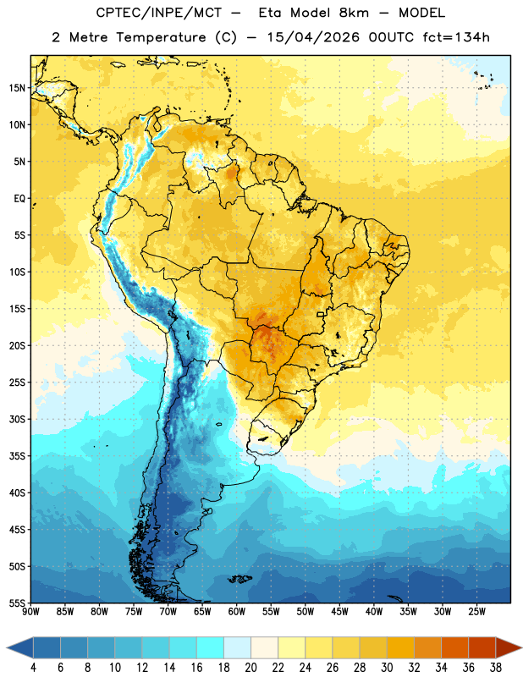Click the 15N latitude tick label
pyautogui.click(x=17, y=88)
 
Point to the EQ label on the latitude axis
pyautogui.click(x=19, y=199)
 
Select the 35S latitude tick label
pyautogui.click(x=17, y=456)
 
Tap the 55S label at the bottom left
pyautogui.click(x=17, y=603)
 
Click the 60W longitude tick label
pyautogui.click(x=237, y=612)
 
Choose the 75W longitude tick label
pyautogui.click(x=134, y=612)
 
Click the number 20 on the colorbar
pyautogui.click(x=250, y=668)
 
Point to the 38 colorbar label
pyautogui.click(x=496, y=668)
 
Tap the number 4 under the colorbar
pyautogui.click(x=33, y=668)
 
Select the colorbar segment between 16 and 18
pyautogui.click(x=210, y=648)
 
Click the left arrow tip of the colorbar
pyautogui.click(x=7, y=648)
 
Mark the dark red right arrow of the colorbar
pyautogui.click(x=509, y=648)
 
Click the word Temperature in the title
pyautogui.click(x=161, y=37)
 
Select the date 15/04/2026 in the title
pyautogui.click(x=313, y=37)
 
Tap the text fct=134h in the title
pyautogui.click(x=456, y=37)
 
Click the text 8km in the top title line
pyautogui.click(x=354, y=13)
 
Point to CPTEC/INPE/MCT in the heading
pyautogui.click(x=158, y=13)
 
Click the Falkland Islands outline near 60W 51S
pyautogui.click(x=239, y=579)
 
